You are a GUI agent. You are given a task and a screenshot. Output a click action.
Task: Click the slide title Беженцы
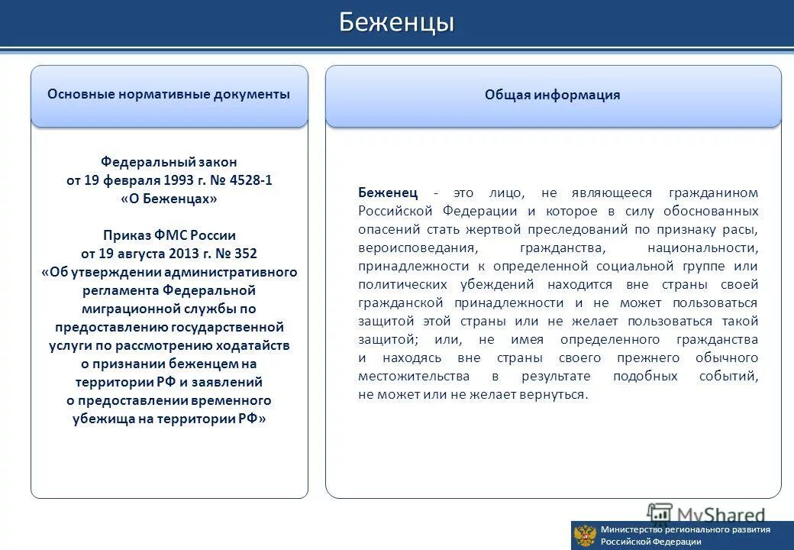[396, 23]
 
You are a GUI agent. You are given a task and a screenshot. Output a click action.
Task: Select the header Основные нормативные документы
[169, 95]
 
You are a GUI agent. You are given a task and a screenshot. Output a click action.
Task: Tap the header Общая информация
[552, 95]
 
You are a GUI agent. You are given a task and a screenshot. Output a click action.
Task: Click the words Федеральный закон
[169, 162]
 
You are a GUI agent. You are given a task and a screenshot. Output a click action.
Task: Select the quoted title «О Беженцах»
[169, 199]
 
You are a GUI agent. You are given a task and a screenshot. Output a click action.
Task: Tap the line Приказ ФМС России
[169, 235]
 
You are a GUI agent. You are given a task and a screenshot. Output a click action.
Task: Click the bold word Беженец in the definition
[389, 192]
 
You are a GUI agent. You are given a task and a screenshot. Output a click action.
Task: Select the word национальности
[702, 247]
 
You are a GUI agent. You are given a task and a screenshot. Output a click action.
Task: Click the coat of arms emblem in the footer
[585, 535]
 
